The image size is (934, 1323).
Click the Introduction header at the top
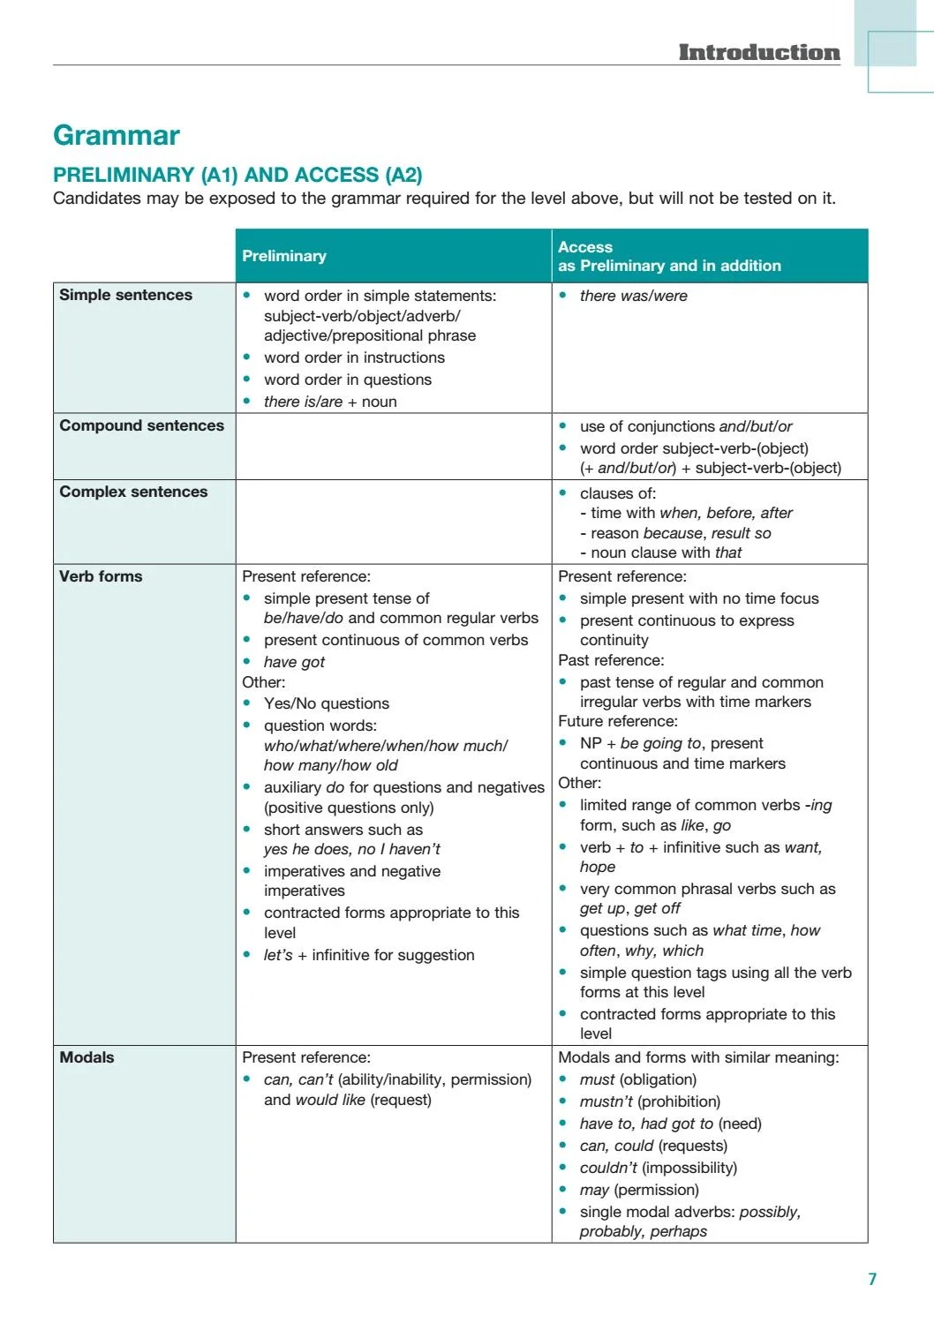758,52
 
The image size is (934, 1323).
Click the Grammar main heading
116,135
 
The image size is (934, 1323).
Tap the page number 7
872,1279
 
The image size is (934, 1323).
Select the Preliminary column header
284,256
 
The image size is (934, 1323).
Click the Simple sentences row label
125,295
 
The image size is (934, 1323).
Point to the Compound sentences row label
141,425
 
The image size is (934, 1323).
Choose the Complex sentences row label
133,492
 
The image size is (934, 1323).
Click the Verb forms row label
101,576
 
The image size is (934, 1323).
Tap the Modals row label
87,1057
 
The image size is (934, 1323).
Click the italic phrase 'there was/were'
633,296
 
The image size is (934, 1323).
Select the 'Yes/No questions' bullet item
326,703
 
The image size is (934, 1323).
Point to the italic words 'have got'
294,662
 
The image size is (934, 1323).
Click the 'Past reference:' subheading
611,660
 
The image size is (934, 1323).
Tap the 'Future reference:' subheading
618,721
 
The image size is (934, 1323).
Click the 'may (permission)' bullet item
638,1190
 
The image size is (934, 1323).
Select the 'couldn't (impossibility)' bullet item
658,1168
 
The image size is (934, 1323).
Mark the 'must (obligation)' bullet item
637,1079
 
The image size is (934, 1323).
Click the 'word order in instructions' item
354,357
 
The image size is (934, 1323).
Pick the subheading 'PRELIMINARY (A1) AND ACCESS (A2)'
237,175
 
